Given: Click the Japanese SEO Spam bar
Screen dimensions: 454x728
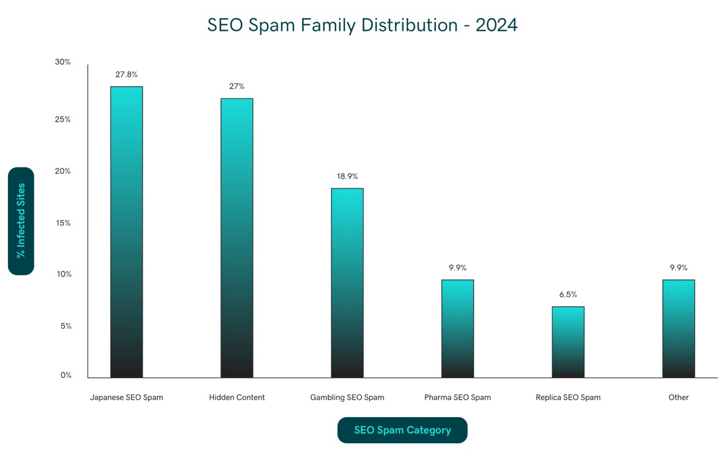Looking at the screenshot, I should (x=126, y=231).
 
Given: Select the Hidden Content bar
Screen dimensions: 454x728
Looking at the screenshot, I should (x=237, y=237).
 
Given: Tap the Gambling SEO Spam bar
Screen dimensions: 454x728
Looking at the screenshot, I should (x=347, y=282).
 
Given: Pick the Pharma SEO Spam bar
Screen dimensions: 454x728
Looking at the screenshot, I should (x=458, y=328).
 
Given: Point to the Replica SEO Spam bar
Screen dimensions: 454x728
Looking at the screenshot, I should (x=568, y=342).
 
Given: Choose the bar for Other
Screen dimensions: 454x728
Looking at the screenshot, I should (x=678, y=328).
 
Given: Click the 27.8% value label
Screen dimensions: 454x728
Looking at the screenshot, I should (x=126, y=75).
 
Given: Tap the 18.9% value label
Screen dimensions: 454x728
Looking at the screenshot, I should (x=347, y=176).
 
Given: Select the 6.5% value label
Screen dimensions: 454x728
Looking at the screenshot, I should (x=568, y=295).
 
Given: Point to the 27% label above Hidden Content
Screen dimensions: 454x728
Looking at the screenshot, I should (x=237, y=87).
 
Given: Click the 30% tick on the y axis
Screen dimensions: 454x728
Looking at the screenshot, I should (x=63, y=62).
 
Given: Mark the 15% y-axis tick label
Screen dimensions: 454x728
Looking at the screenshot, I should (x=63, y=223).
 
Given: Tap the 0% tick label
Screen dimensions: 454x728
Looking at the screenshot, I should (x=65, y=375).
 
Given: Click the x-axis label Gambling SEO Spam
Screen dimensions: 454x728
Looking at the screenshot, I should (x=347, y=398).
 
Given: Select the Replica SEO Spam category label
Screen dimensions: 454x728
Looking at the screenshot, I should (x=568, y=398).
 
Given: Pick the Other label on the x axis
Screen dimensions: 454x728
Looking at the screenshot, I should (x=678, y=398).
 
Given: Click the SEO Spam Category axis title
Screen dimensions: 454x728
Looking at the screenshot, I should (x=402, y=430).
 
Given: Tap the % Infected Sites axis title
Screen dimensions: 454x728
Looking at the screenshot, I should (x=21, y=221).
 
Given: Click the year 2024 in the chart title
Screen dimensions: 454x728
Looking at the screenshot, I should (x=497, y=25).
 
